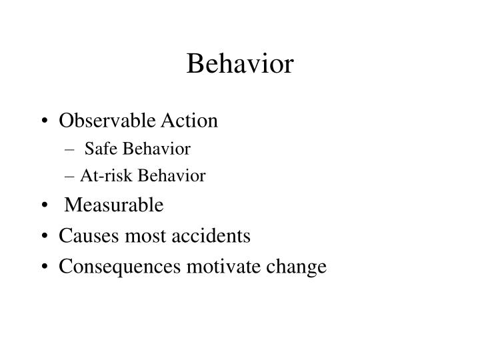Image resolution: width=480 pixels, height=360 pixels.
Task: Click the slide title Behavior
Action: click(240, 64)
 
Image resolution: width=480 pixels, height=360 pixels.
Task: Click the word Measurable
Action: click(113, 205)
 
